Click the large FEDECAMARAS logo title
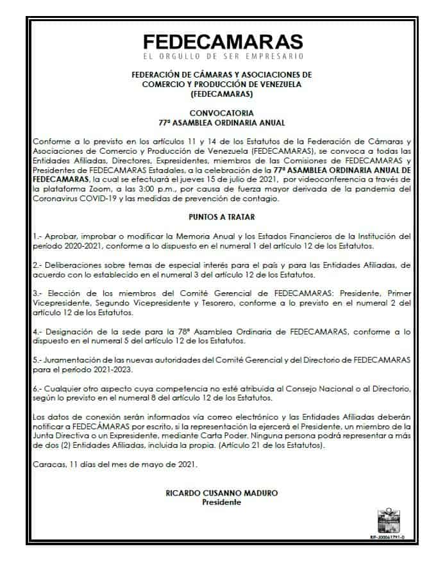coord(222,42)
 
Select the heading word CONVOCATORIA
coord(222,113)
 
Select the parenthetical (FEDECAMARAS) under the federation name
coord(222,94)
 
